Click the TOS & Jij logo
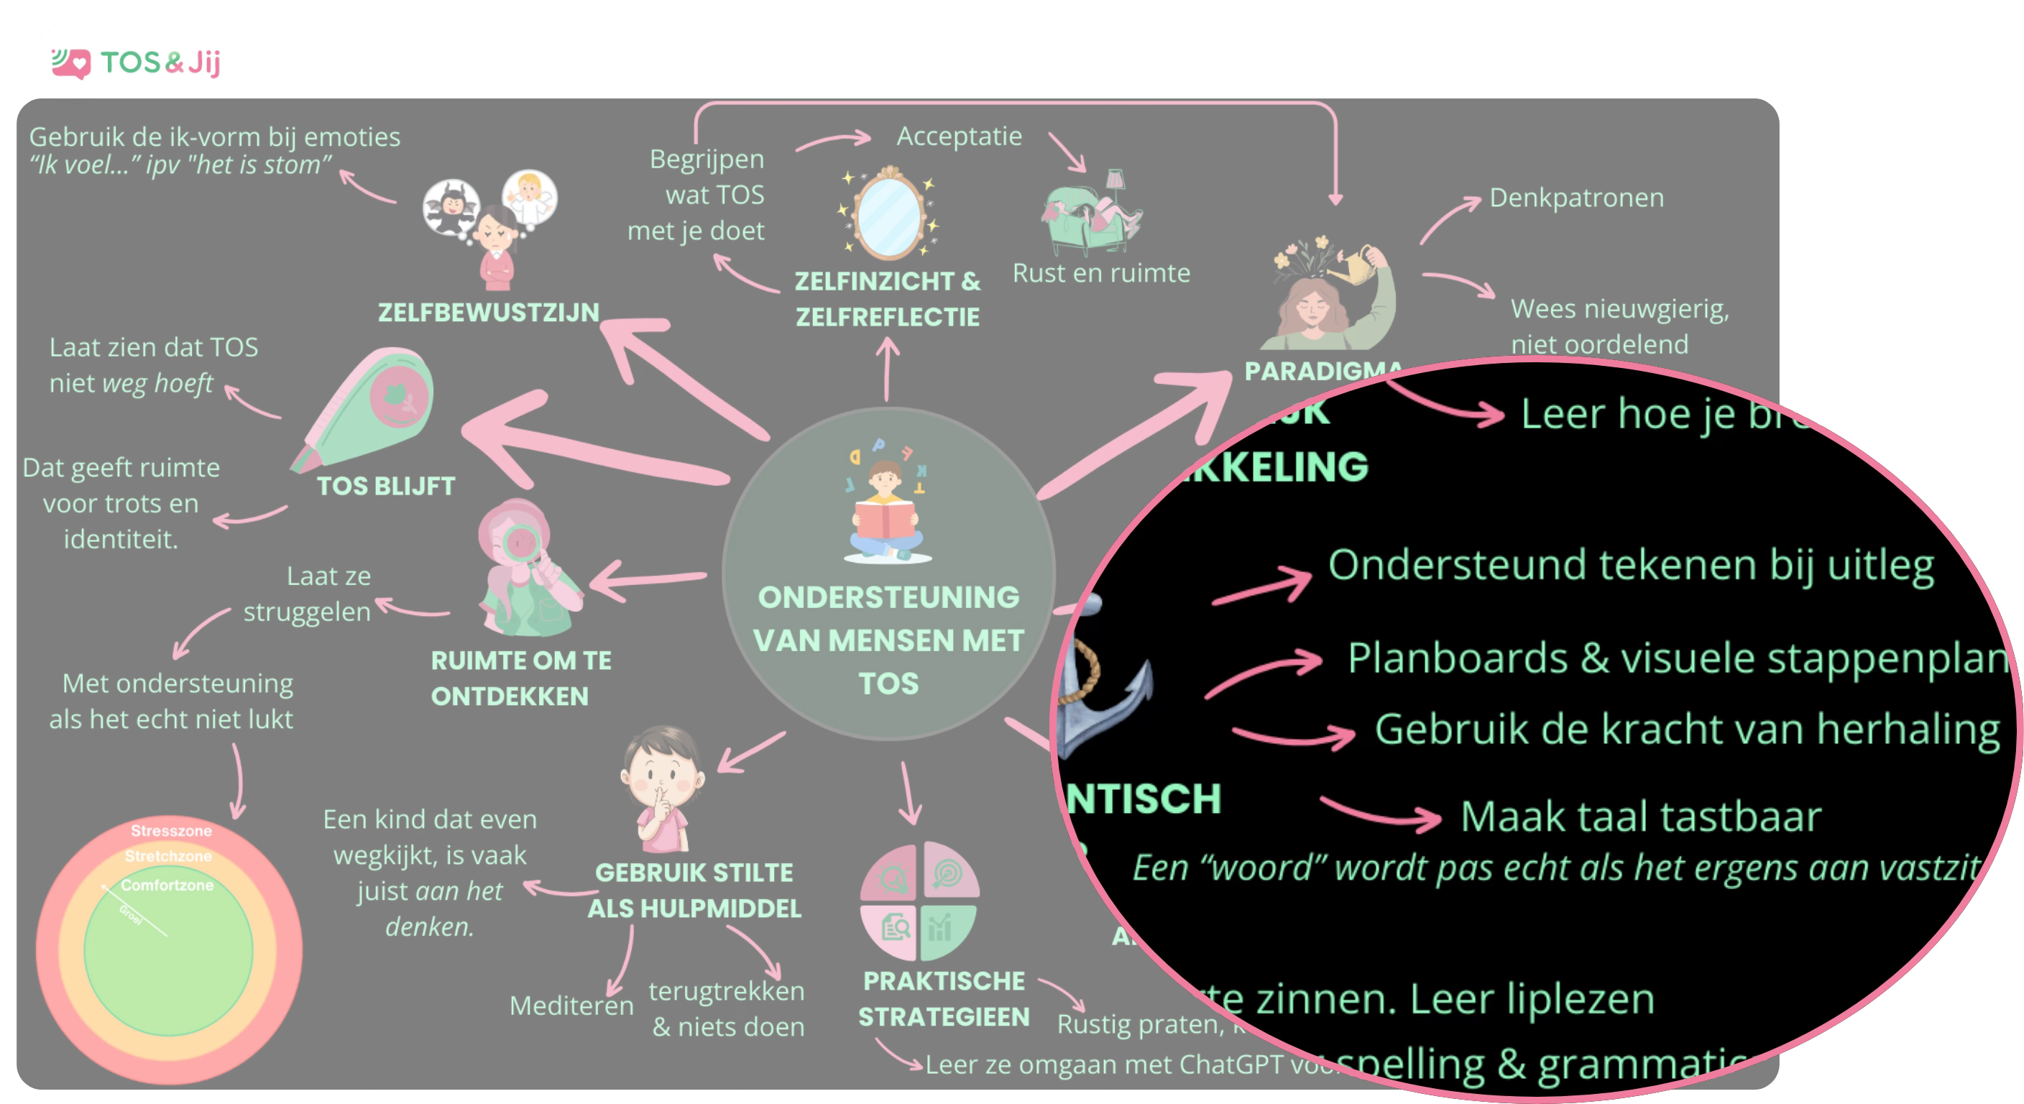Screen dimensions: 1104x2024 tap(137, 62)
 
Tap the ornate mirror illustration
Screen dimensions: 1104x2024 tap(888, 213)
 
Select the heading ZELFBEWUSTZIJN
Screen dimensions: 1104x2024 tap(488, 313)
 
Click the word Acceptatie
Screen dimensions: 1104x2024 tap(959, 137)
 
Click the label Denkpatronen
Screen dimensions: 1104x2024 tap(1576, 198)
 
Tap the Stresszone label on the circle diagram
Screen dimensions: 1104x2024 tap(170, 831)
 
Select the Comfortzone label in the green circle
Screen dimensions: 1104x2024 tap(167, 885)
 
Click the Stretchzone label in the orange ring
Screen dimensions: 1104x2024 tap(168, 856)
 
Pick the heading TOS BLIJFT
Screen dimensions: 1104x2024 tap(386, 487)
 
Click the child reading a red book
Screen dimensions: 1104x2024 tap(886, 511)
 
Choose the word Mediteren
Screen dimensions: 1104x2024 tap(571, 1006)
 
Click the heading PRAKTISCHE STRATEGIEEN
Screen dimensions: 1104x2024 tap(943, 999)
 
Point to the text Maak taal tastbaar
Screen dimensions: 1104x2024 tap(1641, 816)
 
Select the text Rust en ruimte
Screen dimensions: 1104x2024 tap(1101, 273)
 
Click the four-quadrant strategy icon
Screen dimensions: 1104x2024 tap(919, 901)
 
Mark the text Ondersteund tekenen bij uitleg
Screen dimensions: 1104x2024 tap(1630, 565)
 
